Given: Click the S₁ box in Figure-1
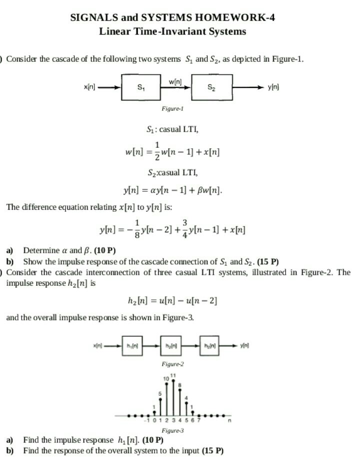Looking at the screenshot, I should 141,87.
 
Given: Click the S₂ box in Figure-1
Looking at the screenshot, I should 211,87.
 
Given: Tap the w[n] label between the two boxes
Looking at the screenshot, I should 175,81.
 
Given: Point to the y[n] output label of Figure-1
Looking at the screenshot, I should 274,87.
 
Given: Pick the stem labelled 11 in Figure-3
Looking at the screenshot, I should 173,398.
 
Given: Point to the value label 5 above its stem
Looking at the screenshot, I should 160,394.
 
